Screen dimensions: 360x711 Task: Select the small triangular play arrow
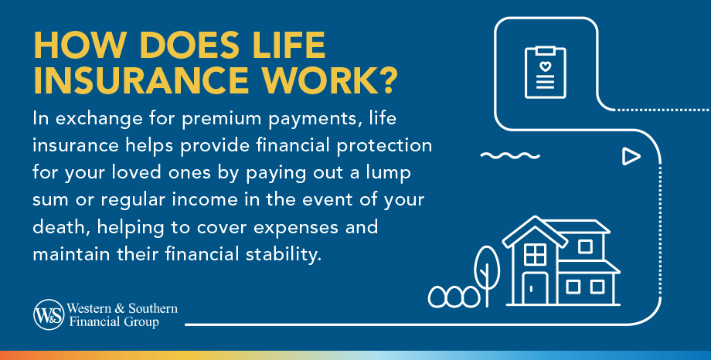click(631, 157)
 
